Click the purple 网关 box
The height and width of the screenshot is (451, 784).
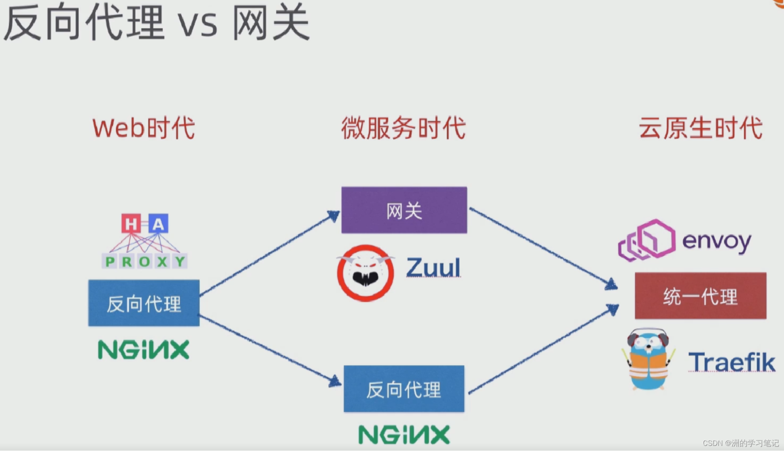[x=404, y=210]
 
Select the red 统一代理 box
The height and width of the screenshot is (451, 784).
[x=700, y=296]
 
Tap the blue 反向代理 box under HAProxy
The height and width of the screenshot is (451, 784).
[x=144, y=303]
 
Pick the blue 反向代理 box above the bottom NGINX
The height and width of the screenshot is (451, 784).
[x=404, y=389]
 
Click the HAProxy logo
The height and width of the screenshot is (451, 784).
[x=144, y=241]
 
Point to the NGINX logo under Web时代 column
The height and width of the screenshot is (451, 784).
[x=144, y=350]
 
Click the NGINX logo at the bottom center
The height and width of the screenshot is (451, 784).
[x=404, y=434]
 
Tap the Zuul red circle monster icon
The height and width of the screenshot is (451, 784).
[x=365, y=273]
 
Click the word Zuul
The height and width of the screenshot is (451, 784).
[x=433, y=267]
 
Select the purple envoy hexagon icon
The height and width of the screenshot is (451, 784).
[x=647, y=240]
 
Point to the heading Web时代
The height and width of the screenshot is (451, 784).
[x=144, y=128]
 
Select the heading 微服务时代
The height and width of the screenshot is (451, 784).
[x=404, y=128]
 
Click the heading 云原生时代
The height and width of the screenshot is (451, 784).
[x=700, y=128]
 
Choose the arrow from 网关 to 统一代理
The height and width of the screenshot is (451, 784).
[x=543, y=249]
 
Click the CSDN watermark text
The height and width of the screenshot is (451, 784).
[x=740, y=443]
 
